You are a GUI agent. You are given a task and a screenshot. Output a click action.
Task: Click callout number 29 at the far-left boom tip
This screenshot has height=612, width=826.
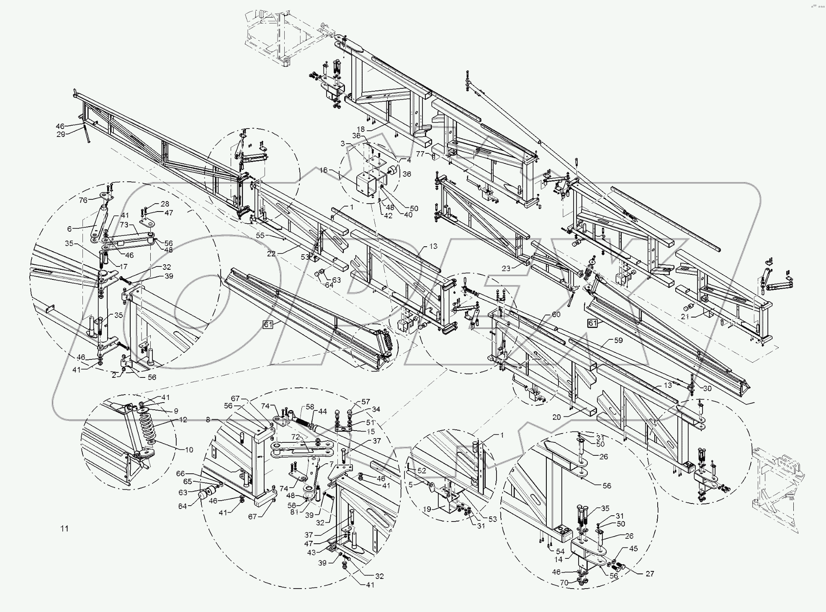[61, 134]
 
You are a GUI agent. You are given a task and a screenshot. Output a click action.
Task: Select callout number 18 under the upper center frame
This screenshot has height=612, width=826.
[361, 129]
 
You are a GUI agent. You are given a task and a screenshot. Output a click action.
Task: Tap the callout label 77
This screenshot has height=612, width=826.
[420, 154]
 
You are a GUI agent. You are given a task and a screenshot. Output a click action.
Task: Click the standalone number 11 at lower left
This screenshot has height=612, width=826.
[64, 529]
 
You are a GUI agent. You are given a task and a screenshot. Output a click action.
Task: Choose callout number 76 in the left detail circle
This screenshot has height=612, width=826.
[83, 200]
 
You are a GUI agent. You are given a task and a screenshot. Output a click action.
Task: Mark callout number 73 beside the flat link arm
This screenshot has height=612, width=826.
[124, 225]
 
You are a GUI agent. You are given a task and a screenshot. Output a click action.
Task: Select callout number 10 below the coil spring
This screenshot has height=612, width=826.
[189, 450]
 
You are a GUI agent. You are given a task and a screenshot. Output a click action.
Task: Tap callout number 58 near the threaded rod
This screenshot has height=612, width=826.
[310, 407]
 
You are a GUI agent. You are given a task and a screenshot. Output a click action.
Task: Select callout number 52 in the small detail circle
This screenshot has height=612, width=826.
[422, 470]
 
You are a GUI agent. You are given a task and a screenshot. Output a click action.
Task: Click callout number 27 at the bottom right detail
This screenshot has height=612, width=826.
[649, 573]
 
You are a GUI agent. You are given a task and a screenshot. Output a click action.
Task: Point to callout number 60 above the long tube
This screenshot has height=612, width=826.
[556, 315]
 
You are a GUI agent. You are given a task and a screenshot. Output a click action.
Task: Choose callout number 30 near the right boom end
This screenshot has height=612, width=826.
[707, 388]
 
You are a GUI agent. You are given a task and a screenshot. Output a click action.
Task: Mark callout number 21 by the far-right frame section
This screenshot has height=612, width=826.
[685, 317]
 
